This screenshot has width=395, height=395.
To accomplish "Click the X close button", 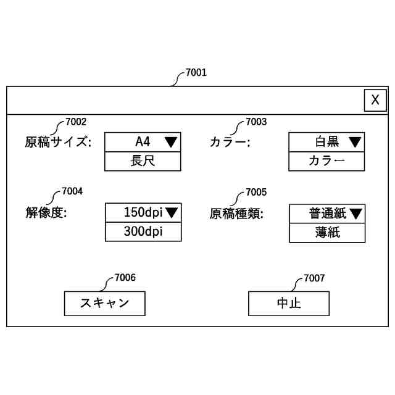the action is (375, 100).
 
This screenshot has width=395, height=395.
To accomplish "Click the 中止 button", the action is (289, 303).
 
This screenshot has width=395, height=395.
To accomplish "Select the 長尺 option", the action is (143, 161).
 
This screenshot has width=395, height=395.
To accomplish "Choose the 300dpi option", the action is (143, 231).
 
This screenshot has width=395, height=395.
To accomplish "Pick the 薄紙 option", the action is (327, 232).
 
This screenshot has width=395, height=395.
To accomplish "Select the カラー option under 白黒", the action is (326, 161).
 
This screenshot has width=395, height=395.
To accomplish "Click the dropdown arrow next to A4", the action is (171, 142).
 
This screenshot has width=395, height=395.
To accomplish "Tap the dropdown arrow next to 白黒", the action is (355, 142).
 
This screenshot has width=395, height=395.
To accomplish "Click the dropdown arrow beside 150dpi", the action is (172, 213).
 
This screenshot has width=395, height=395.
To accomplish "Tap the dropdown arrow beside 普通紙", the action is (356, 214).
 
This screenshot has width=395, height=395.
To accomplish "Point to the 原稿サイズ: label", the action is (57, 143).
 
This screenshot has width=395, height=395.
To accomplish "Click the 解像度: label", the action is (46, 213).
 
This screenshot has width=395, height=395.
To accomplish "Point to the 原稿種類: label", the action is (236, 214).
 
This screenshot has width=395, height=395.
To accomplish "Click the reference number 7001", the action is (196, 73).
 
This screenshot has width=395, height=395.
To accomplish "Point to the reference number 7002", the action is (76, 122).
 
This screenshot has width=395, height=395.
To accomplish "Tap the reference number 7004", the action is (72, 191).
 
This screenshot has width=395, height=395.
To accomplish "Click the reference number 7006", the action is (125, 278).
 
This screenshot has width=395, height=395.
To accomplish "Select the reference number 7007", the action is (314, 278).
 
